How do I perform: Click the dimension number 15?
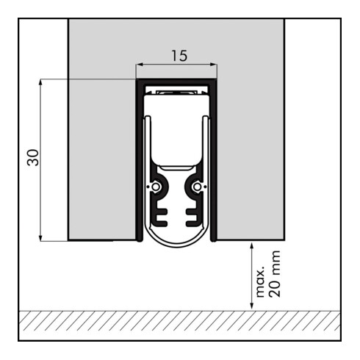click(179, 56)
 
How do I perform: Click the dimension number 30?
click(33, 157)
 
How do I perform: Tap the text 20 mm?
click(275, 274)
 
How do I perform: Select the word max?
click(260, 281)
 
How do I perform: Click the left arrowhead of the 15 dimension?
click(140, 65)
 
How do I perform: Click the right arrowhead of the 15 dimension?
click(214, 65)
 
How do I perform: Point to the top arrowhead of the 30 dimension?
click(40, 82)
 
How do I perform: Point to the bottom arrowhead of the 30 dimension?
click(40, 238)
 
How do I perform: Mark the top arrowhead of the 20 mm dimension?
click(251, 246)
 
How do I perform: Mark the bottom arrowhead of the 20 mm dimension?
click(251, 307)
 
